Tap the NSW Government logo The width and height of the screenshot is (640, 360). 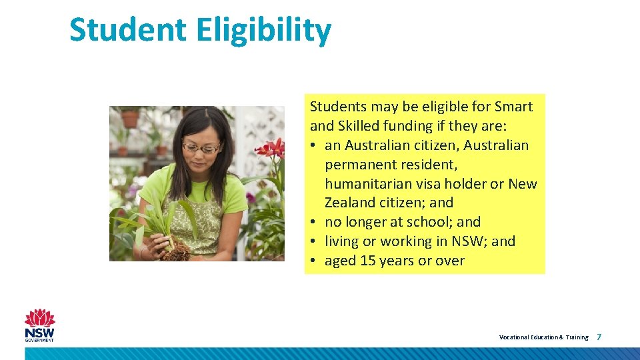(x=40, y=325)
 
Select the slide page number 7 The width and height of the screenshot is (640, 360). (x=599, y=337)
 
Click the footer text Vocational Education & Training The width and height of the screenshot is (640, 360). (x=543, y=337)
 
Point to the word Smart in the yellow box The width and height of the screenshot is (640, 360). (x=514, y=107)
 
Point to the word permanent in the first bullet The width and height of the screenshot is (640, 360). (x=361, y=164)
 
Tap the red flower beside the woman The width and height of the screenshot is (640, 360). (x=270, y=148)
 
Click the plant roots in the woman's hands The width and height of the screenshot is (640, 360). (x=177, y=251)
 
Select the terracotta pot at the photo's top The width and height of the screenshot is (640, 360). (x=130, y=119)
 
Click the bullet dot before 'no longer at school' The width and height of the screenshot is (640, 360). (x=313, y=222)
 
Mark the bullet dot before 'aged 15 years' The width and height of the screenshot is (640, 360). (x=313, y=261)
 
